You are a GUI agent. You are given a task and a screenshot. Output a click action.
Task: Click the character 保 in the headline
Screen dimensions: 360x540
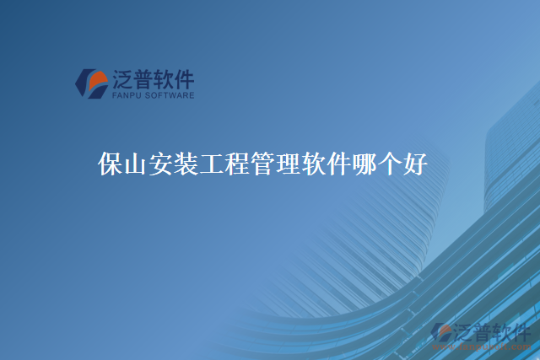pyautogui.click(x=111, y=165)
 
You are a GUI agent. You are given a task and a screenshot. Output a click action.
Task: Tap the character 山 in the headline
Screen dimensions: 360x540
pyautogui.click(x=136, y=165)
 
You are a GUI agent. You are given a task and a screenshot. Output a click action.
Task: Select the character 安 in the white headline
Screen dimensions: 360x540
pyautogui.click(x=161, y=165)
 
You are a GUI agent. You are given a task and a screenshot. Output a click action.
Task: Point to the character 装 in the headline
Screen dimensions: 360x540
pyautogui.click(x=186, y=165)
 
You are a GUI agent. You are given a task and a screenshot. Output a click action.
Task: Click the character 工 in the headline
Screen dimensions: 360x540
pyautogui.click(x=212, y=165)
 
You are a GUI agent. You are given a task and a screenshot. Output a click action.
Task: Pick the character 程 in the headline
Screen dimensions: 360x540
pyautogui.click(x=237, y=165)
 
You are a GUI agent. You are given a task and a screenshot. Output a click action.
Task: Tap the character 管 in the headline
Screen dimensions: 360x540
pyautogui.click(x=262, y=165)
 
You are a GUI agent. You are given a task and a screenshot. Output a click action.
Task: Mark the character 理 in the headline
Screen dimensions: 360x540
pyautogui.click(x=288, y=165)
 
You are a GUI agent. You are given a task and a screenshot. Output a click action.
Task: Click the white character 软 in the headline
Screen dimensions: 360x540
pyautogui.click(x=313, y=165)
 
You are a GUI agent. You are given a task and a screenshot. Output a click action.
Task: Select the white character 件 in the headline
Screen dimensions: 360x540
pyautogui.click(x=338, y=165)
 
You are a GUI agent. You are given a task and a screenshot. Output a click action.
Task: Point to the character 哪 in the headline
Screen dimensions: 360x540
pyautogui.click(x=364, y=165)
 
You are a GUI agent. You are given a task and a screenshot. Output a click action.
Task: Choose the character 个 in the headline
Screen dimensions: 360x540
pyautogui.click(x=389, y=165)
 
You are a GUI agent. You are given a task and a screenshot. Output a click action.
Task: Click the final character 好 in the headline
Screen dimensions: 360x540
pyautogui.click(x=414, y=165)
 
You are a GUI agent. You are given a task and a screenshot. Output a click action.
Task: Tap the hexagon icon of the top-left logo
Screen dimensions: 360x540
pyautogui.click(x=91, y=83)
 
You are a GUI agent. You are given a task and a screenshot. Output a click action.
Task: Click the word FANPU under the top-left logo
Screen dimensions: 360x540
pyautogui.click(x=126, y=96)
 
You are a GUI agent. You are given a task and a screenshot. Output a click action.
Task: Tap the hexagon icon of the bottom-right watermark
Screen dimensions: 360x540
pyautogui.click(x=441, y=333)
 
